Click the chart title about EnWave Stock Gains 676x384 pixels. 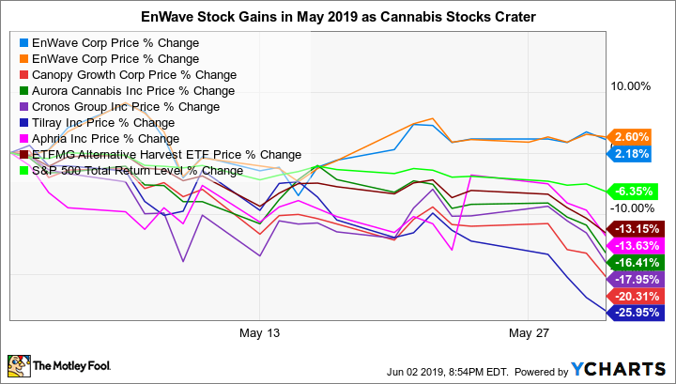(338, 16)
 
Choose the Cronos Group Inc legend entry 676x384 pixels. (125, 106)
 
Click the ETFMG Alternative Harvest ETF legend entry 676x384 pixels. (160, 154)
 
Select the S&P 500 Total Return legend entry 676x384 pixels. (137, 170)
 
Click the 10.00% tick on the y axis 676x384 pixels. (631, 86)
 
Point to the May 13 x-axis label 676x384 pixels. (261, 333)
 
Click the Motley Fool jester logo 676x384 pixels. (19, 364)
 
